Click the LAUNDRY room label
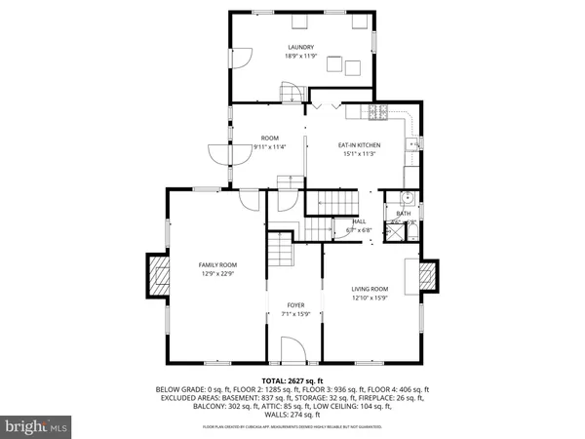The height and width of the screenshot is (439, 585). [300, 47]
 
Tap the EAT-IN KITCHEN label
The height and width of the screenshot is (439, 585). [359, 144]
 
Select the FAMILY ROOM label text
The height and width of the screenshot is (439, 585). [217, 264]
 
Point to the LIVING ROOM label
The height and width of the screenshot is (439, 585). [370, 289]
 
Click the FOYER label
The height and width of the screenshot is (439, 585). [295, 305]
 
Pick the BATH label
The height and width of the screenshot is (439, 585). [403, 213]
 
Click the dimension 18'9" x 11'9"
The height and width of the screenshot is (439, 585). [300, 56]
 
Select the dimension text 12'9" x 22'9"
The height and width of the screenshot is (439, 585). [217, 273]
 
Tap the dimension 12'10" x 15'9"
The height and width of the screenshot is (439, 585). [370, 298]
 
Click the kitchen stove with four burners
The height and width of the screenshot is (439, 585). [379, 113]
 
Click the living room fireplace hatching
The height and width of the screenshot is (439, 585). [427, 278]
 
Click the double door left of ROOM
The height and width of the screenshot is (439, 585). [216, 156]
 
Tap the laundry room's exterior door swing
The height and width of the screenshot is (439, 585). [240, 61]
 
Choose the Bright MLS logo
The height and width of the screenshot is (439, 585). [37, 425]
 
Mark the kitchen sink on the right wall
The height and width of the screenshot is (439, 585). [414, 146]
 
